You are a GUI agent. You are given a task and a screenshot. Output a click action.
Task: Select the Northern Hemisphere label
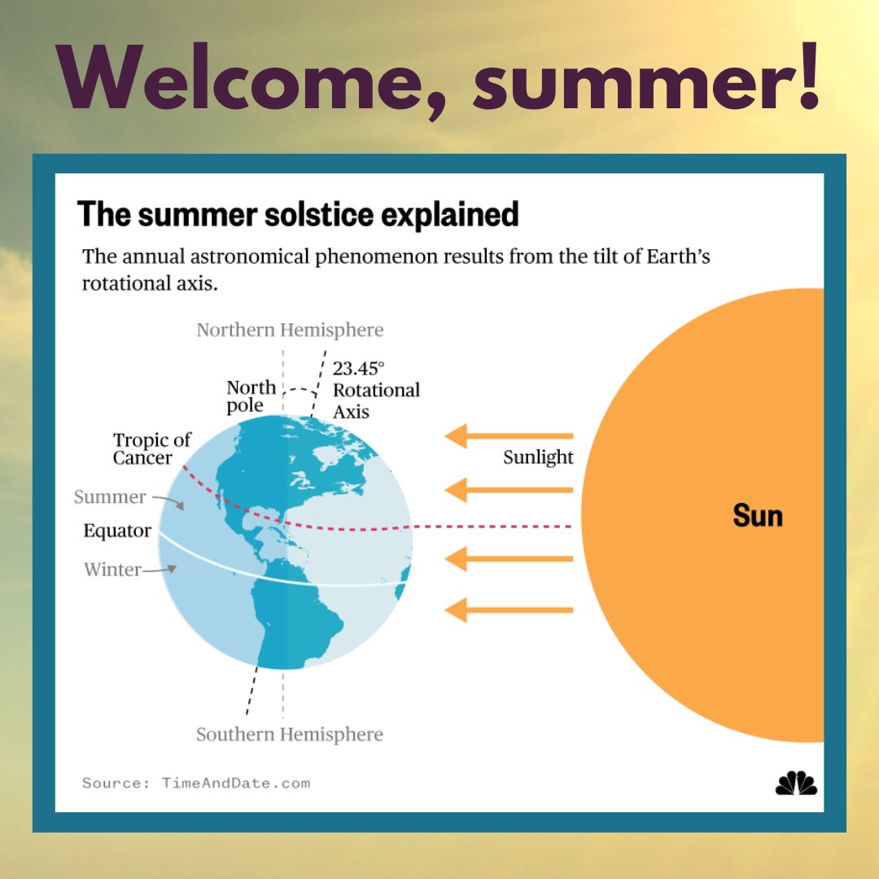[x=290, y=330]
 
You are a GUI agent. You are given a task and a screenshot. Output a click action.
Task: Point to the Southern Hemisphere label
[x=290, y=734]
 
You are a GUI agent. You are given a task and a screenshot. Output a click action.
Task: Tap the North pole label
[x=251, y=396]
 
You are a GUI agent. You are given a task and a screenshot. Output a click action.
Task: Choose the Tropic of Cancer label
[x=151, y=449]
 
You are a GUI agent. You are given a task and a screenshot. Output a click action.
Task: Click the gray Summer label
[x=110, y=496]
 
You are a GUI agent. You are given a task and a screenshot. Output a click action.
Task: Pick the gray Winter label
[x=112, y=570]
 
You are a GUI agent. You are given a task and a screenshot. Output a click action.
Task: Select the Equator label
[x=117, y=531]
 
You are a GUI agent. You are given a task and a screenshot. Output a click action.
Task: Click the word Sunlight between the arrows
[x=538, y=457]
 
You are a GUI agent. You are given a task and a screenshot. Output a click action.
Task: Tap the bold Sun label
[x=757, y=516]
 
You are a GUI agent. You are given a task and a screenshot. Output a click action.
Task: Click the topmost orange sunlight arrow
[x=509, y=436]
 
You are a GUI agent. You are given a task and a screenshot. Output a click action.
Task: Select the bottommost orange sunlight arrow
[x=509, y=610]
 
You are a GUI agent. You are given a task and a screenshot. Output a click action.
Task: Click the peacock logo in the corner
[x=795, y=782]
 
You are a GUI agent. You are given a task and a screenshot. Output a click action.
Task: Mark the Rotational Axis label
[x=376, y=400]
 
